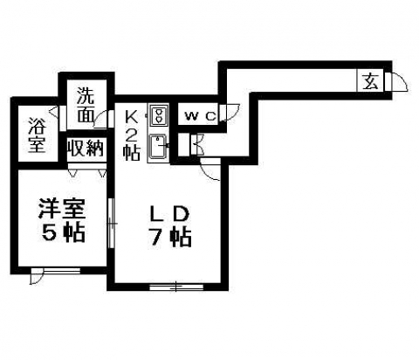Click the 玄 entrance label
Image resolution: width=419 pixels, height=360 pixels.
[x=370, y=81]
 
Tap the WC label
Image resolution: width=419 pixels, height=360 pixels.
[x=201, y=116]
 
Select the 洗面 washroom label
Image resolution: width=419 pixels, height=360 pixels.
[x=86, y=105]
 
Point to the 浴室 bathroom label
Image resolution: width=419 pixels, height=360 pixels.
[x=37, y=135]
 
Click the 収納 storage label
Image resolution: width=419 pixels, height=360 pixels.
[x=86, y=148]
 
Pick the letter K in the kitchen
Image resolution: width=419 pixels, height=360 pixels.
[x=131, y=117]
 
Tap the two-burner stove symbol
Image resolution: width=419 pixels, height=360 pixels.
[x=158, y=115]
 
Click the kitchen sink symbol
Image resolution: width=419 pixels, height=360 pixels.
[x=157, y=147]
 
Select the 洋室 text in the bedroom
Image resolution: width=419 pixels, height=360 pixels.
[x=62, y=209]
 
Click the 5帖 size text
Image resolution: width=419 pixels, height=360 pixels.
[x=64, y=232]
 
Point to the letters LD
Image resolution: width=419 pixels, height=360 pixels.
[x=169, y=215]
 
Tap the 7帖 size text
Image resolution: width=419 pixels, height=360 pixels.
[x=169, y=238]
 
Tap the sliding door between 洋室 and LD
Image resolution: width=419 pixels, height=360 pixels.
[x=111, y=223]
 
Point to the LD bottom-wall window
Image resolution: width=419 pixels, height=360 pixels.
[x=176, y=287]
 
